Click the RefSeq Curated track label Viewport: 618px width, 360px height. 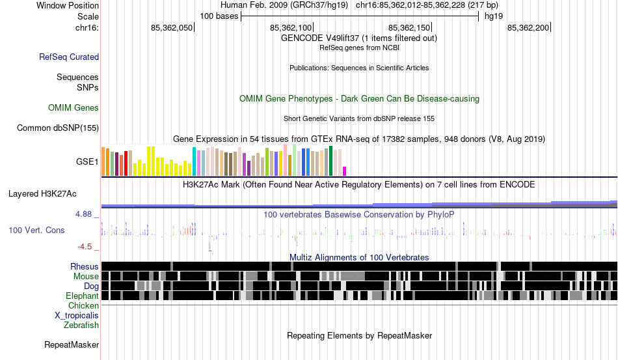(69, 57)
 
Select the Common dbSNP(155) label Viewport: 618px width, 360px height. (57, 128)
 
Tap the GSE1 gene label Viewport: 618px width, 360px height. (88, 161)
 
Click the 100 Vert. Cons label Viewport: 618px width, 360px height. (36, 230)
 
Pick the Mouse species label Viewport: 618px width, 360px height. (87, 277)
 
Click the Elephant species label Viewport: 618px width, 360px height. (83, 296)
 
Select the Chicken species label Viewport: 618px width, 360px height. (84, 306)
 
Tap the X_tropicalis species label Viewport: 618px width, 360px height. (77, 316)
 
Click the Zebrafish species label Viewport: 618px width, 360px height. (81, 325)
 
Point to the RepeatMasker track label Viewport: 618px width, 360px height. (72, 344)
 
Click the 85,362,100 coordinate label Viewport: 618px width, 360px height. (291, 28)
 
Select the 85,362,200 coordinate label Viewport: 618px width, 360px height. (528, 28)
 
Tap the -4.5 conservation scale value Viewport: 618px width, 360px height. (86, 247)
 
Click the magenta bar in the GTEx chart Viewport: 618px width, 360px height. (345, 171)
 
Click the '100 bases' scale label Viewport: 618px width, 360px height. (219, 16)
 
